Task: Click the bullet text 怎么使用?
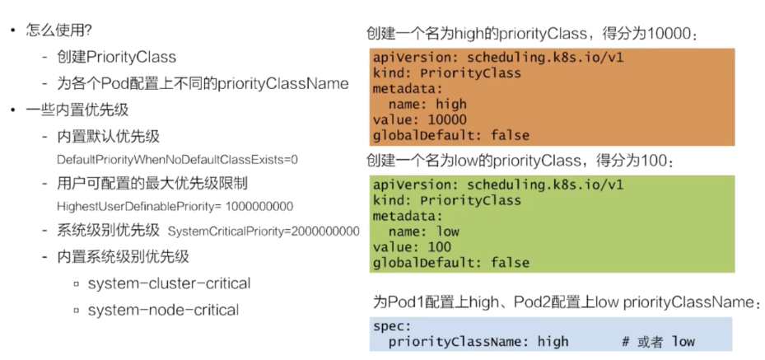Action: coord(60,32)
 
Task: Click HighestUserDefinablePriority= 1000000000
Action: coord(175,206)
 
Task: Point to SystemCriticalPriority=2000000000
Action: coord(264,231)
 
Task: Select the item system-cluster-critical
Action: coord(169,283)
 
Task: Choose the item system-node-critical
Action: coord(163,310)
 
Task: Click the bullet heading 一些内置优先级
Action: coord(77,110)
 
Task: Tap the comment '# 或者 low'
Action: coord(658,341)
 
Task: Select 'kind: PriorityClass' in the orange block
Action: coord(446,73)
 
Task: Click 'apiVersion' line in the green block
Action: coord(499,185)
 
